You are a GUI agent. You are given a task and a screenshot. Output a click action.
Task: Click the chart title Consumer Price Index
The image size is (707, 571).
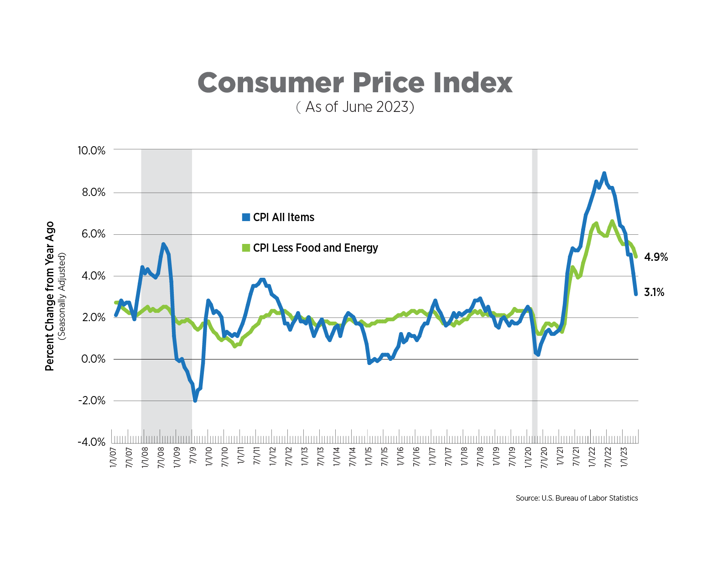point(355,83)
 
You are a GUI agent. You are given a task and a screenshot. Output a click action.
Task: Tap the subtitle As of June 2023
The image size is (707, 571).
point(355,107)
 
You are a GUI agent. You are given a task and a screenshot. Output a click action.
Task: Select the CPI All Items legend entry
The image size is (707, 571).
point(278,217)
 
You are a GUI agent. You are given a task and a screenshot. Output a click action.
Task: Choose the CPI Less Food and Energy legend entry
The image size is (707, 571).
point(310,248)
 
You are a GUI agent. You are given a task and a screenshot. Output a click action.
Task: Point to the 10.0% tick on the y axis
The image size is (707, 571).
point(91,150)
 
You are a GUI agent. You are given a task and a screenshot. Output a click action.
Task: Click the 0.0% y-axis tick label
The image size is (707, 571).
point(93,359)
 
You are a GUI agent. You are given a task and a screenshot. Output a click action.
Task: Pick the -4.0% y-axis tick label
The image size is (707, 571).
point(92,442)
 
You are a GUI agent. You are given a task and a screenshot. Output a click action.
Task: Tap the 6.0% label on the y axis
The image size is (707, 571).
point(93,234)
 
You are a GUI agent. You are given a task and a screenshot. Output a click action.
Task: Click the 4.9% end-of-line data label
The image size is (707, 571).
point(655,258)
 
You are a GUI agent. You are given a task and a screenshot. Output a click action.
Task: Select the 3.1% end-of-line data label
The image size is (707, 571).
point(654,292)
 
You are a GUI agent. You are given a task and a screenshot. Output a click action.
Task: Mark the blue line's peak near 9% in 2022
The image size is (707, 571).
point(604,174)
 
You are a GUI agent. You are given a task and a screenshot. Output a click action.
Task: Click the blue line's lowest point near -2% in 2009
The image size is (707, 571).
point(195,400)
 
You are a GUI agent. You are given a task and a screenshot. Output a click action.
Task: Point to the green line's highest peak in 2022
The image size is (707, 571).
point(612,222)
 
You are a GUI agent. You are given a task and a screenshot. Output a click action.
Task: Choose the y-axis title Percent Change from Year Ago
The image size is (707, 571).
point(50,296)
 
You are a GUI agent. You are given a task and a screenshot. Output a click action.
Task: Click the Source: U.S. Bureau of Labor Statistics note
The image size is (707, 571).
point(577,498)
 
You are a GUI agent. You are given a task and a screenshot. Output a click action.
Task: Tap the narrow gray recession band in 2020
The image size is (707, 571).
point(535,292)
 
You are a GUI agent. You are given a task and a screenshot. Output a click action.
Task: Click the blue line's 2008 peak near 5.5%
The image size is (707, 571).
point(163,244)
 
